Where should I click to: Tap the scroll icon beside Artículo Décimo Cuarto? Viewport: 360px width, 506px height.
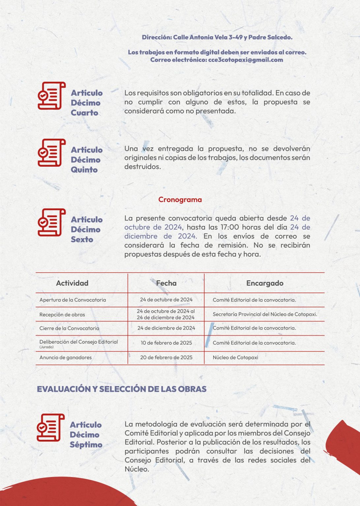pyautogui.click(x=51, y=96)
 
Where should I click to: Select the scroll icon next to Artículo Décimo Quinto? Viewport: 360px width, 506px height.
pyautogui.click(x=51, y=153)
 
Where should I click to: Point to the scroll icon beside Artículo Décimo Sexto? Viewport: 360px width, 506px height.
pyautogui.click(x=51, y=222)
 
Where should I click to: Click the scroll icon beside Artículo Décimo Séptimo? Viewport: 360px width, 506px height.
pyautogui.click(x=50, y=428)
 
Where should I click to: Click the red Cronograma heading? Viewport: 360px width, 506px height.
pyautogui.click(x=180, y=200)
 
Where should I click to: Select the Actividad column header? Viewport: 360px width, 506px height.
pyautogui.click(x=72, y=283)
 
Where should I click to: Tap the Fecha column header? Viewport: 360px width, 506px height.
pyautogui.click(x=166, y=283)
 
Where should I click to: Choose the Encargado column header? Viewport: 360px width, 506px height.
pyautogui.click(x=265, y=283)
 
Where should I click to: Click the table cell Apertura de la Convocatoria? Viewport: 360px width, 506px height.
pyautogui.click(x=73, y=300)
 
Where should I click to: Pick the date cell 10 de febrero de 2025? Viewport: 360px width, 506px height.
pyautogui.click(x=166, y=343)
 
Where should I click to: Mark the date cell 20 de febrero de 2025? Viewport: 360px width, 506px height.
pyautogui.click(x=166, y=357)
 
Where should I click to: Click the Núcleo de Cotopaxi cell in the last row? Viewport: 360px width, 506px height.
pyautogui.click(x=235, y=357)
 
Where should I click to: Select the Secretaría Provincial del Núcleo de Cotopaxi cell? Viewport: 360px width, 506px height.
pyautogui.click(x=265, y=314)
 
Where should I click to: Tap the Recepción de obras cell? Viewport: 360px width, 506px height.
pyautogui.click(x=62, y=315)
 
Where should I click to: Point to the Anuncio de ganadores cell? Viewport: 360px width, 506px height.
pyautogui.click(x=65, y=357)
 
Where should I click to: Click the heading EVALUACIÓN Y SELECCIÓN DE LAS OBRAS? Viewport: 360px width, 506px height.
pyautogui.click(x=122, y=389)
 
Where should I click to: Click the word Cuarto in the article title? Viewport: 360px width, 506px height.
pyautogui.click(x=84, y=113)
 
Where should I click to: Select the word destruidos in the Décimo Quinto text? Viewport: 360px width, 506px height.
pyautogui.click(x=142, y=167)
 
